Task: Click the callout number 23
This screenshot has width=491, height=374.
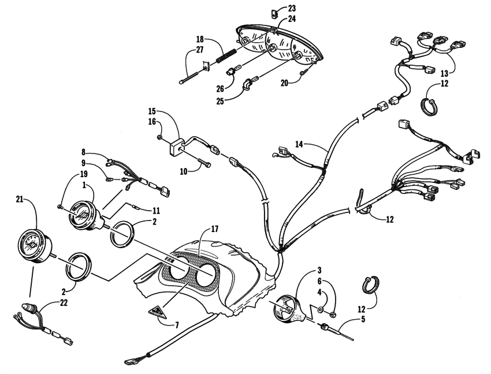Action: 291,8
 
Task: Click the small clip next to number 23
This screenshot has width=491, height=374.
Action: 276,10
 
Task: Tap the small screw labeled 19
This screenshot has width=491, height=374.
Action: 61,205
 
